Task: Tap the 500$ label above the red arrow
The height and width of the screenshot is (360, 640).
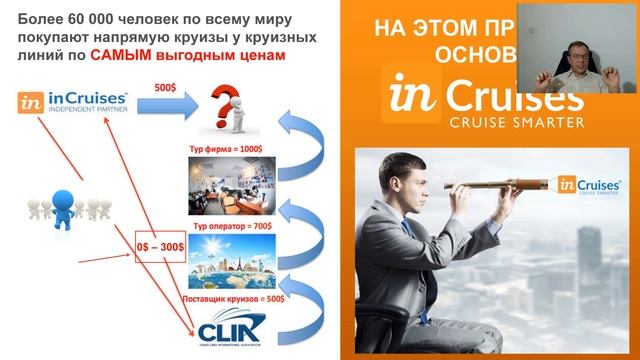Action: (x=163, y=87)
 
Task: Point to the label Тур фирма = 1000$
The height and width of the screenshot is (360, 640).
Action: (x=228, y=148)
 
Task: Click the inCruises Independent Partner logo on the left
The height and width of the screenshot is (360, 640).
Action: (x=72, y=101)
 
